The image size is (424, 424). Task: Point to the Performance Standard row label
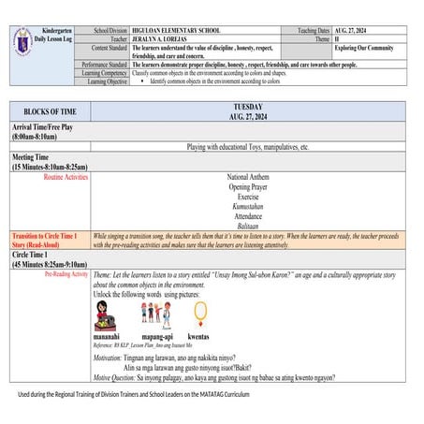click(x=101, y=64)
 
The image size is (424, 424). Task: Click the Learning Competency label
click(x=101, y=72)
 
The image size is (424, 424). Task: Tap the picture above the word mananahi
click(x=104, y=314)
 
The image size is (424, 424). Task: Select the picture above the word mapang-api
click(x=155, y=314)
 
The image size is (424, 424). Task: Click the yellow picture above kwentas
click(x=197, y=313)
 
